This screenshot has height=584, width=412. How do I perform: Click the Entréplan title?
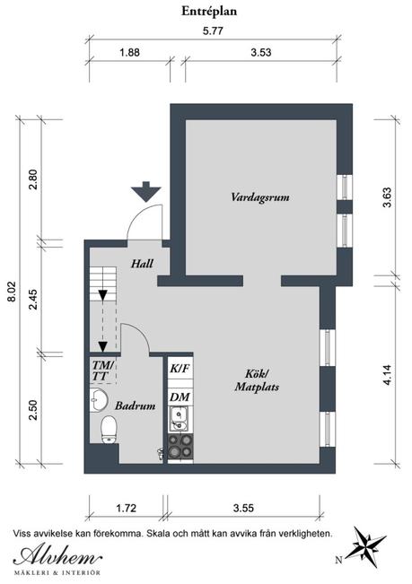click(209, 12)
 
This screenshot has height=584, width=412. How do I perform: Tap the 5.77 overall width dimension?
click(213, 31)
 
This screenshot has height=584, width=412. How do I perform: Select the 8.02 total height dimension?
click(13, 292)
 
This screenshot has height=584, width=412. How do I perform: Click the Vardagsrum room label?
click(260, 197)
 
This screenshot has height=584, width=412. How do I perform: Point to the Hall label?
click(143, 264)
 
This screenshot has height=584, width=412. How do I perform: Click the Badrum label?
click(136, 405)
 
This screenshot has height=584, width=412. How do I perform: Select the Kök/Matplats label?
click(257, 380)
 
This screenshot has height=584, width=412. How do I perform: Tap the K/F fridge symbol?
click(180, 369)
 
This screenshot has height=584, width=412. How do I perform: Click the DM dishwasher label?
click(180, 397)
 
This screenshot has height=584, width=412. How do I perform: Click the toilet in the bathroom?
click(109, 431)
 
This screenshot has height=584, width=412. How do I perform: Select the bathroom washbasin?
click(99, 400)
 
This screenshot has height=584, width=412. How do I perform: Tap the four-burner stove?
click(180, 446)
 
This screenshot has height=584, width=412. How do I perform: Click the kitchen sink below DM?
click(180, 419)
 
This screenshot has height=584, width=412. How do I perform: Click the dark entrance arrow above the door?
click(146, 191)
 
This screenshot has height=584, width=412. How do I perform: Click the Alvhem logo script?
click(57, 557)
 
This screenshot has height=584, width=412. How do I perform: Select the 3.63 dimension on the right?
click(388, 197)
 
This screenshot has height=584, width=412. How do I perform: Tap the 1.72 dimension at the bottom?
click(127, 508)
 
